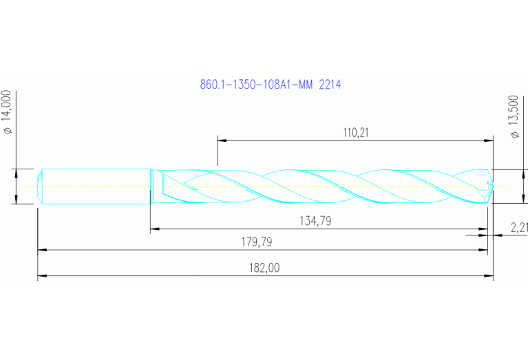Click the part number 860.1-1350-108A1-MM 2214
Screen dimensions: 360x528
[x=271, y=85]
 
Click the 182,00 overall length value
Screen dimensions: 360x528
[x=266, y=268]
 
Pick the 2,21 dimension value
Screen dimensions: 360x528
[x=518, y=226]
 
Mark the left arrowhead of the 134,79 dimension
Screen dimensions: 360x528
[x=154, y=229]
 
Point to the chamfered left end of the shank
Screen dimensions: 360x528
[x=41, y=186]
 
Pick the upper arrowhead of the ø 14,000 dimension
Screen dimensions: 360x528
[x=16, y=173]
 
